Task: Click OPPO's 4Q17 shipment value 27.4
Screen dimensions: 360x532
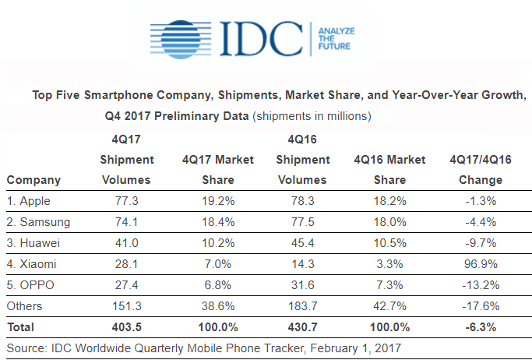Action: pos(126,284)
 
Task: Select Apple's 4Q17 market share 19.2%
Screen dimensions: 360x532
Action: pos(217,200)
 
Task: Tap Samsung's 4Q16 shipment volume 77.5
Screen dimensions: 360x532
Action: pos(310,221)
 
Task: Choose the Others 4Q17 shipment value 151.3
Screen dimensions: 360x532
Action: pos(126,306)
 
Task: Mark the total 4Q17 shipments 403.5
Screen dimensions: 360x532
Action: pos(126,327)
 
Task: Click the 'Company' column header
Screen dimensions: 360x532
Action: pos(33,180)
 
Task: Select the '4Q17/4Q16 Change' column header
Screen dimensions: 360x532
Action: pos(481,169)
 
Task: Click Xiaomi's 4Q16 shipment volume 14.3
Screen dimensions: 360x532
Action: pos(310,263)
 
